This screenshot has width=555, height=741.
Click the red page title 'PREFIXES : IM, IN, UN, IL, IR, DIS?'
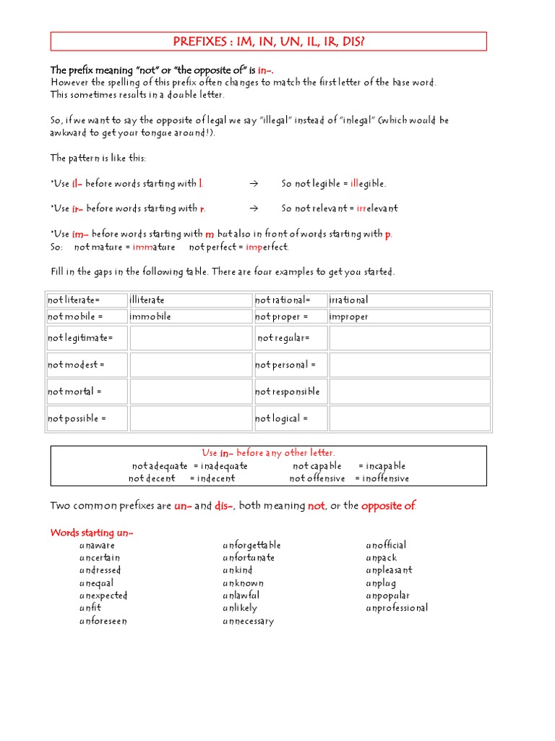(x=268, y=41)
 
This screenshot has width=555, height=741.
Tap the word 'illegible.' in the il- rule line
(x=368, y=184)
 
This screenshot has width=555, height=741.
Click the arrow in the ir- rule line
(x=253, y=208)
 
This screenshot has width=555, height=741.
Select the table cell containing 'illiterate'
(x=190, y=300)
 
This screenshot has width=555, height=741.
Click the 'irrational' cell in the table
(x=409, y=300)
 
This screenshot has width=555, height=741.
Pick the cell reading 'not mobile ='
(x=87, y=316)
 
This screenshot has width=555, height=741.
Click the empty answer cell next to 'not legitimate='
(x=190, y=338)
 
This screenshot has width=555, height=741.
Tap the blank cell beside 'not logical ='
(x=409, y=418)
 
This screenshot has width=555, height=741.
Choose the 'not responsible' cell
(x=290, y=391)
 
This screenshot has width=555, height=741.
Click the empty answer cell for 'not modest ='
(x=190, y=365)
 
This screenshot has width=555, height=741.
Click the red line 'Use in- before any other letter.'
(x=268, y=453)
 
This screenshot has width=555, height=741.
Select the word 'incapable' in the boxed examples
(x=385, y=466)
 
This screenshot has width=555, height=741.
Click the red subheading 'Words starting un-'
(x=92, y=533)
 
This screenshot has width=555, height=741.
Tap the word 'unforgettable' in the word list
(x=251, y=545)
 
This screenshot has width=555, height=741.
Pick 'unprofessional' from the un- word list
(x=397, y=608)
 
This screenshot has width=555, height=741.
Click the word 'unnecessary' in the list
(x=248, y=621)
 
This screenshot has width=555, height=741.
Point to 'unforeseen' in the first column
(x=103, y=621)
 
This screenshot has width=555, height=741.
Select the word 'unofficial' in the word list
(x=386, y=545)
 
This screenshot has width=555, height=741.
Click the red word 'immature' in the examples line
(x=154, y=247)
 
